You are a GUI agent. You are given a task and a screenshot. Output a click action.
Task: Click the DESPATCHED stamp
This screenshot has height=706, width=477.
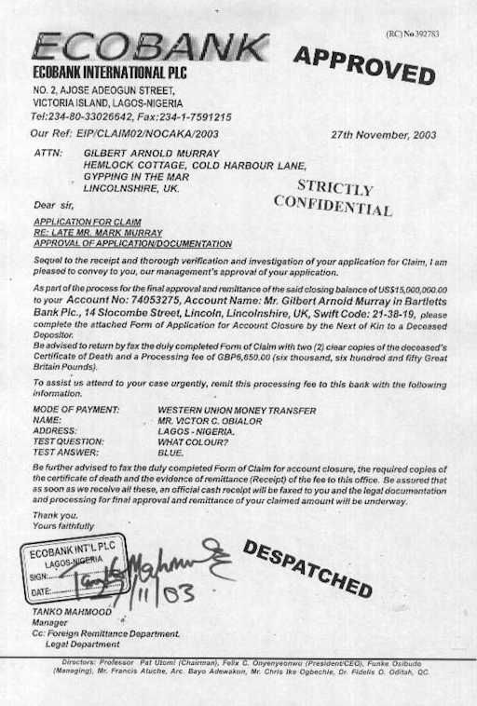(307, 567)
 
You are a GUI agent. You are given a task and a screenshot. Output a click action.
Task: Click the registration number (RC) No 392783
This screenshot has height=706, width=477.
(412, 34)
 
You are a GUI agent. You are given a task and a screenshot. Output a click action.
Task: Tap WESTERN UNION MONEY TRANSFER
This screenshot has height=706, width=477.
(237, 410)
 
